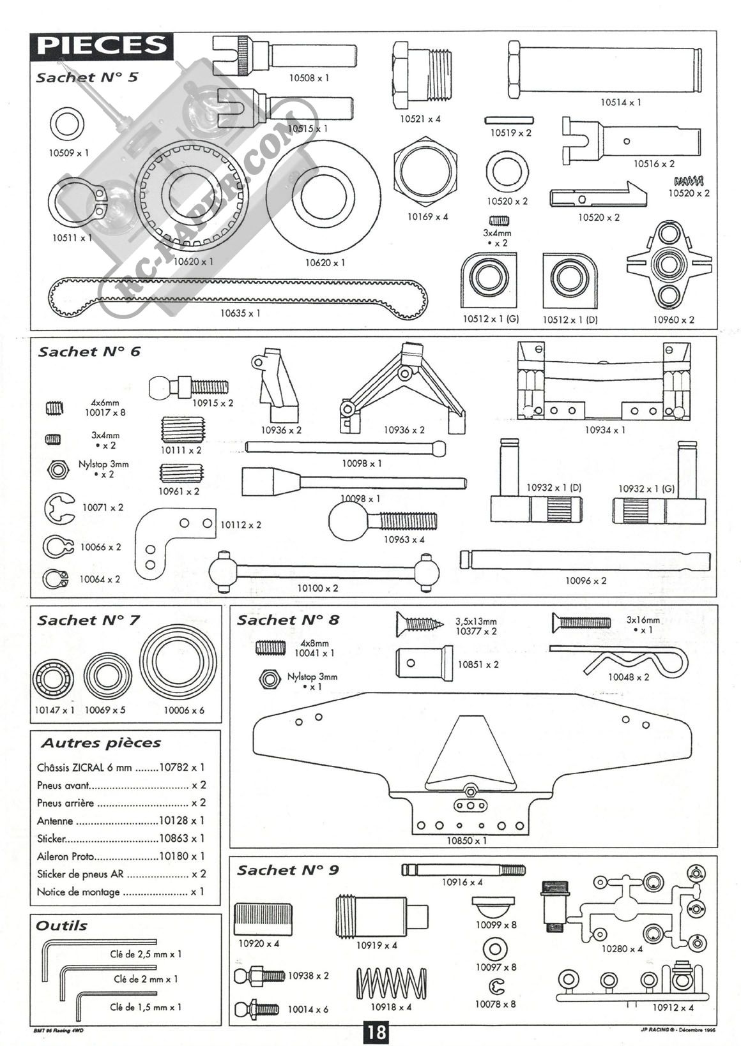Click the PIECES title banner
[x=102, y=46]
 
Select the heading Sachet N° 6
[x=89, y=352]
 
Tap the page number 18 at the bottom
[x=376, y=1032]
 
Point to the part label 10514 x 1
[x=620, y=102]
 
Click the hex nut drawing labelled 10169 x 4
[x=426, y=174]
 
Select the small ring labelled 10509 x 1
[x=66, y=124]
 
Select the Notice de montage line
[x=79, y=892]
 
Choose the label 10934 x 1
[x=605, y=430]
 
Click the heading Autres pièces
[x=101, y=743]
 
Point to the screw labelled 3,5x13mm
[x=420, y=621]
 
